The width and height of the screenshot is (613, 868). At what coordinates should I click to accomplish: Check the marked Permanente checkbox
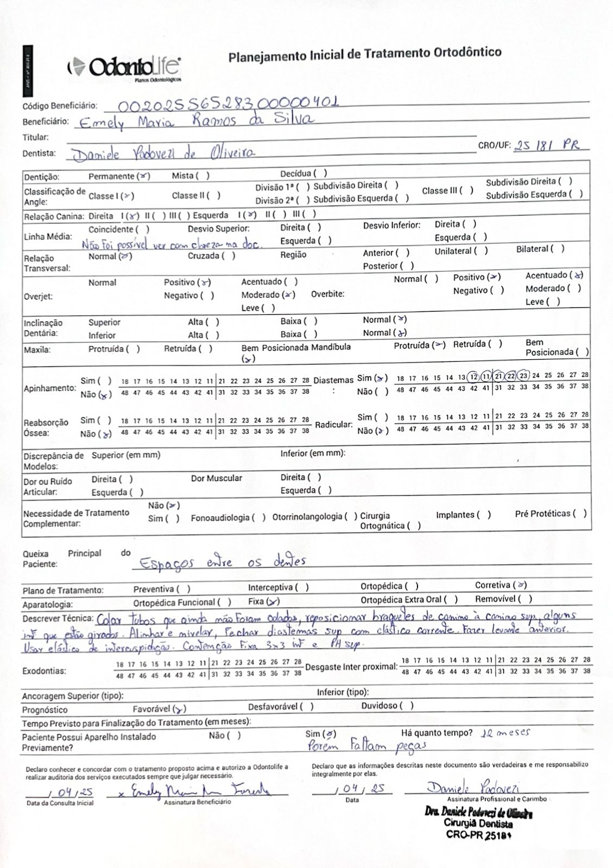coord(143,176)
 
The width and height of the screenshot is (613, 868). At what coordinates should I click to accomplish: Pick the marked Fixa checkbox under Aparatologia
coord(273,601)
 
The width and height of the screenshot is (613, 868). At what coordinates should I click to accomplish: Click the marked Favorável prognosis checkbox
coord(180,709)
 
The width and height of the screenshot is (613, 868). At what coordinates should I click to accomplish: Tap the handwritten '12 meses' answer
coord(505,732)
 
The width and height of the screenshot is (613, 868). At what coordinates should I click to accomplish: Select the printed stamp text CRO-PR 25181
coord(479,835)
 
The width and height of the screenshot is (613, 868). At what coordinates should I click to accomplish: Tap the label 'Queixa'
coord(35,554)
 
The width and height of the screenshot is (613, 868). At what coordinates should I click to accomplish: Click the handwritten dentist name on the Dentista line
coord(163,154)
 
